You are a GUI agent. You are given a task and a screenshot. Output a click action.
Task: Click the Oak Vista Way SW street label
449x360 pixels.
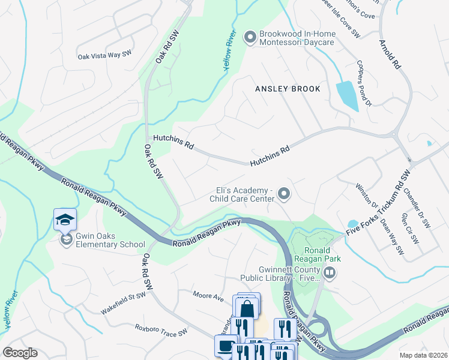[104, 56]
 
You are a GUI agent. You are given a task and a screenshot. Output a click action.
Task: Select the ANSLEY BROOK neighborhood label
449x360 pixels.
[288, 89]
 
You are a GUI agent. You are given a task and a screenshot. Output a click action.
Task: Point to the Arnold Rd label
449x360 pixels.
[390, 56]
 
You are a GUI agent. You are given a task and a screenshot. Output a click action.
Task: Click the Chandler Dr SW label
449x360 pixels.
[417, 208]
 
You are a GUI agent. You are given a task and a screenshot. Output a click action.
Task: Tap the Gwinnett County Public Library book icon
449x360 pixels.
[330, 274]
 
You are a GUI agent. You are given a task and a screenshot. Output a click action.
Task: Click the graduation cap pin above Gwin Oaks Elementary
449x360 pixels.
[65, 220]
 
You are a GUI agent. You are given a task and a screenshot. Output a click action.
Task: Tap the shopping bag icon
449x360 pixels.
[247, 309]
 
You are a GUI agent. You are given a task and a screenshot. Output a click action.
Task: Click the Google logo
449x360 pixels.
[20, 352]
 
